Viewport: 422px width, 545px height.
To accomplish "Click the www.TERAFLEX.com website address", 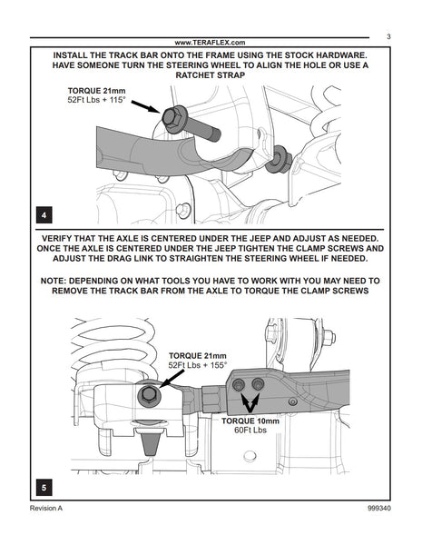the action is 210,43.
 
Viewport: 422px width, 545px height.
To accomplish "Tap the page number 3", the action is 388,36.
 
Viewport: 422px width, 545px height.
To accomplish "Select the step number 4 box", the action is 44,214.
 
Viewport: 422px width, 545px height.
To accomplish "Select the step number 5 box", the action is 44,487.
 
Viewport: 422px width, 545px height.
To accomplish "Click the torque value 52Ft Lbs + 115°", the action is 96,100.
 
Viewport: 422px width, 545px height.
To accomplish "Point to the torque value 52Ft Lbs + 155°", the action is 197,365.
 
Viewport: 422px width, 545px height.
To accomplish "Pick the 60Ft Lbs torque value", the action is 250,430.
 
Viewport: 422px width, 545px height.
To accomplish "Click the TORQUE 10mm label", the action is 250,421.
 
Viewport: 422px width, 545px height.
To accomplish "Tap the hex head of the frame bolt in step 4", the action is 172,118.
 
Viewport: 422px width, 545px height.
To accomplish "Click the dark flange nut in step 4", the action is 279,159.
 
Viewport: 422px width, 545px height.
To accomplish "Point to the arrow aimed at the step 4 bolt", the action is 145,106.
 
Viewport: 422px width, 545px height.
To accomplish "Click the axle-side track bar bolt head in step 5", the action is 149,394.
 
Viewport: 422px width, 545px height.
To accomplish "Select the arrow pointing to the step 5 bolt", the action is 172,378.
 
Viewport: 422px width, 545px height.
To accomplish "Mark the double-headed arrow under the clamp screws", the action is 250,402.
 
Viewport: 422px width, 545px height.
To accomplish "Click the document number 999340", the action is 379,508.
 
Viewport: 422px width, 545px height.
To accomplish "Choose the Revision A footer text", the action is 46,508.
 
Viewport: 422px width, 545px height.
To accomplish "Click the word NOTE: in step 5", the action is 52,281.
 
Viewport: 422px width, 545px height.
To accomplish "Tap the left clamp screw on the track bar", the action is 239,385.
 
